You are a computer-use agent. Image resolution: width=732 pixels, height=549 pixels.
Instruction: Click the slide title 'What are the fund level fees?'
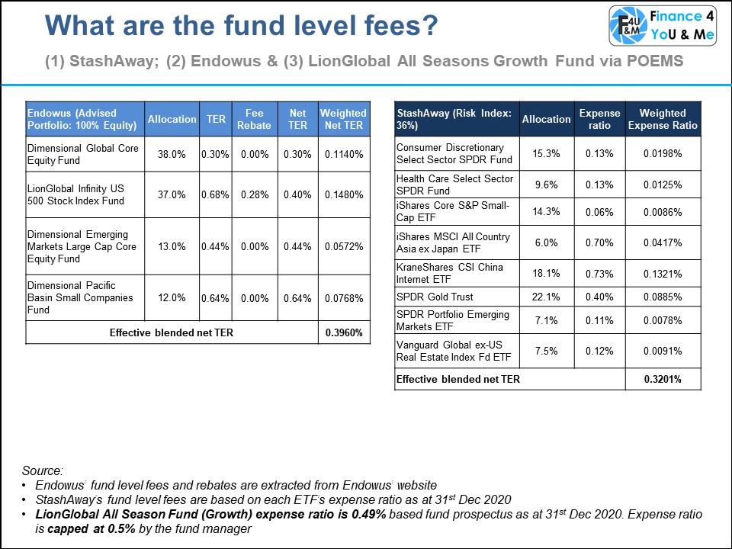coord(242,27)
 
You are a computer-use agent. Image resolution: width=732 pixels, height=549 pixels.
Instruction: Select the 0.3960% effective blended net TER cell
coord(343,332)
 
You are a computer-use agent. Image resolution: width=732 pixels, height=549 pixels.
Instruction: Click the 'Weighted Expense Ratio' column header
coord(662,119)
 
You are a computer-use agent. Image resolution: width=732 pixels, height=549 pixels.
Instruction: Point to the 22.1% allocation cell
coord(545,297)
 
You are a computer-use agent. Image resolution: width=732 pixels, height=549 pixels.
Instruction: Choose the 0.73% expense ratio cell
coord(599,274)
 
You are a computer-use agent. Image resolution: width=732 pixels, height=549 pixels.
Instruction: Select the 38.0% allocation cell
coord(172,154)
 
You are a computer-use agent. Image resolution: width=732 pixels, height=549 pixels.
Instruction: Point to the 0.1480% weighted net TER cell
coord(343,195)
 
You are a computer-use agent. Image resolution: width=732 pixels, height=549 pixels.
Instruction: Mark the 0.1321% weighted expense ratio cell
coord(662,274)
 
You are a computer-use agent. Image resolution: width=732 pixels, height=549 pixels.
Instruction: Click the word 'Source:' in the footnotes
coord(43,470)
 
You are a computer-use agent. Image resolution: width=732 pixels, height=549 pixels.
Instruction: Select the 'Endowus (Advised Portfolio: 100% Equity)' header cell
coord(82,119)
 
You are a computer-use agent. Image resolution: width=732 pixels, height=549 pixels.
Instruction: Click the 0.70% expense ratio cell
coord(599,242)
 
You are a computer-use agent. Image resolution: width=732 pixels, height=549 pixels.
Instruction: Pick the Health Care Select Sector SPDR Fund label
coord(454,185)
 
